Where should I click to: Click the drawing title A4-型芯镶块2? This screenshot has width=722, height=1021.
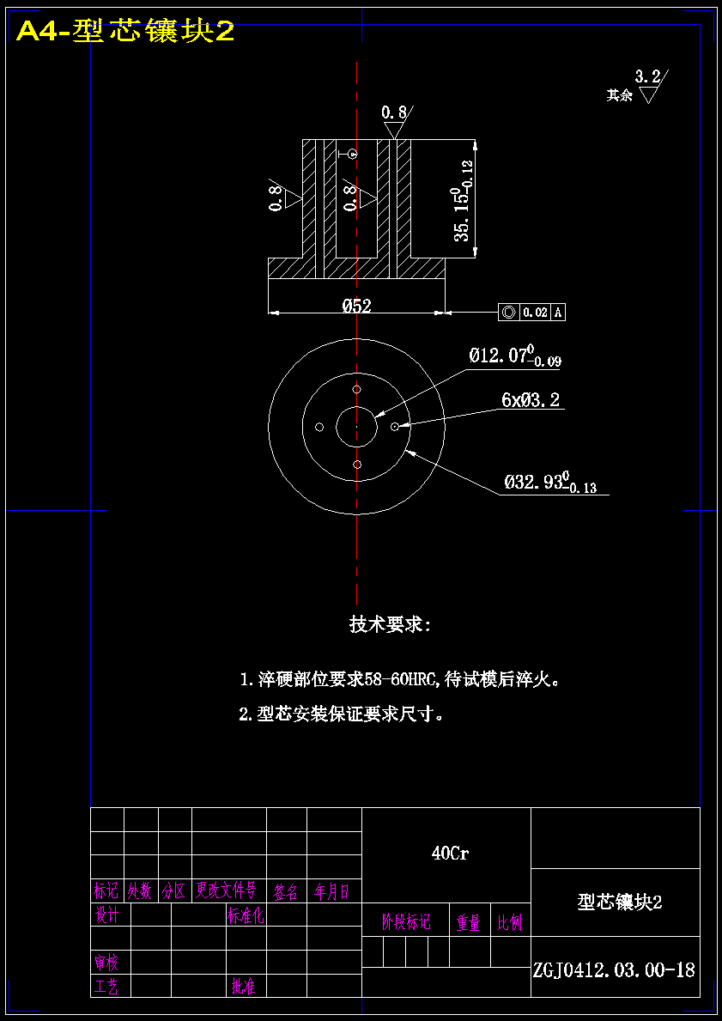pos(125,32)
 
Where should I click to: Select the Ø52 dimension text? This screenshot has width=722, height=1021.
pos(356,305)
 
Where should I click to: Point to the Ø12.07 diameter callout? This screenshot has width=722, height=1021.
pos(514,356)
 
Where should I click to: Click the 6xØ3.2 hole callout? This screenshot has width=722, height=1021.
pos(531,400)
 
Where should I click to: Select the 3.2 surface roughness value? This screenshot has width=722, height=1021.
pos(647,76)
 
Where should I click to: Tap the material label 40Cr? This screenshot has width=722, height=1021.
pos(450,853)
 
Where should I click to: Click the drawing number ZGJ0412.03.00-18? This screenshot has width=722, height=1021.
pos(614,970)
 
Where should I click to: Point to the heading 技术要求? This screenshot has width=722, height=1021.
pos(390,624)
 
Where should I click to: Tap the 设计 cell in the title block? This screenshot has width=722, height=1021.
pos(107,916)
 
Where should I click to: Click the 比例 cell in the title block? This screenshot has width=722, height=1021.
pos(510,923)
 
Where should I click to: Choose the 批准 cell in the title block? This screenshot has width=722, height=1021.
pos(243,987)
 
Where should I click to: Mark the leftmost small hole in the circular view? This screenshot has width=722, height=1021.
pos(319,427)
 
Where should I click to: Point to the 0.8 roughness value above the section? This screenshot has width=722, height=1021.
pos(394,112)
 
